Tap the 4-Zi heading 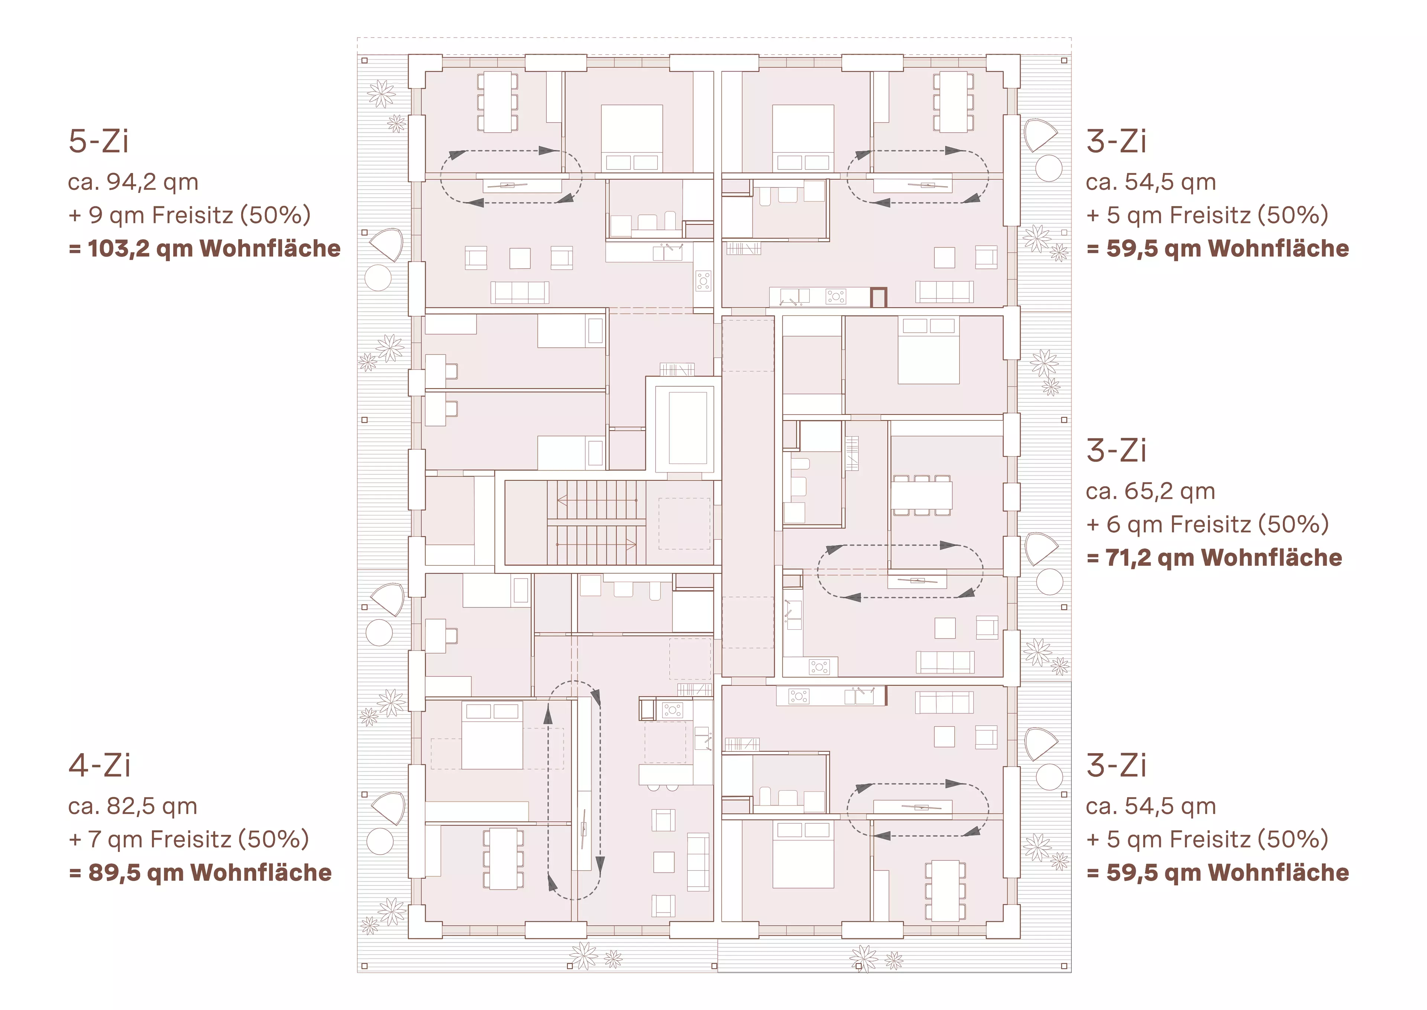click(x=100, y=765)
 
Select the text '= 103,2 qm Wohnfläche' click(x=204, y=249)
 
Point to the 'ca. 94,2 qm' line click(x=133, y=182)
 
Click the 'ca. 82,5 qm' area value click(x=132, y=807)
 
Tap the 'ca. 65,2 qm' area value click(x=1150, y=492)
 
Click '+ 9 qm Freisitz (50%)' click(x=190, y=215)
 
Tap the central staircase click(x=596, y=522)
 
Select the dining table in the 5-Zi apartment click(x=498, y=102)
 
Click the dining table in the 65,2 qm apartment click(x=922, y=496)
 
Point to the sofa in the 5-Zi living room click(x=520, y=292)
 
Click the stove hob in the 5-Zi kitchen click(x=703, y=281)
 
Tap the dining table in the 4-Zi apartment click(x=504, y=858)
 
